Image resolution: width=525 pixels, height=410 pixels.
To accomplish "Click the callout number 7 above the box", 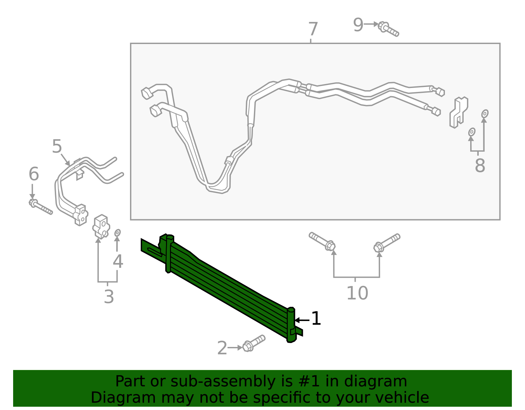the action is pyautogui.click(x=313, y=29).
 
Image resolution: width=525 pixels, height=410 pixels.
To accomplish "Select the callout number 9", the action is pyautogui.click(x=358, y=25).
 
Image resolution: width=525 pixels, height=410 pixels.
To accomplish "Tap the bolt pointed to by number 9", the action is pyautogui.click(x=388, y=29).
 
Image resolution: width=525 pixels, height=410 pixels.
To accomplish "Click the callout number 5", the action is pyautogui.click(x=57, y=146).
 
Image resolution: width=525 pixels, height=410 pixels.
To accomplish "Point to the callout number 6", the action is pyautogui.click(x=33, y=174).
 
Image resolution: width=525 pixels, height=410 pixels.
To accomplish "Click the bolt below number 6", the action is pyautogui.click(x=40, y=207).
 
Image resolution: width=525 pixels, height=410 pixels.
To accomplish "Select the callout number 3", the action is pyautogui.click(x=109, y=297).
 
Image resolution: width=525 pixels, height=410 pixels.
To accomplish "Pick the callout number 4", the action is pyautogui.click(x=118, y=262).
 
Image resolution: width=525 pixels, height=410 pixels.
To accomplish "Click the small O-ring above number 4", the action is pyautogui.click(x=117, y=233).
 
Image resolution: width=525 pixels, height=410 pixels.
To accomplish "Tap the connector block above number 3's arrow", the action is pyautogui.click(x=101, y=227).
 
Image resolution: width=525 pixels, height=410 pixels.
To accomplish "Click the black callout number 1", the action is pyautogui.click(x=316, y=318).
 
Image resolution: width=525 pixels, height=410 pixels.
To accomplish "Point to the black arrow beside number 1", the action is pyautogui.click(x=302, y=320).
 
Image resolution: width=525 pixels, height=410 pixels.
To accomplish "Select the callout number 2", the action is pyautogui.click(x=222, y=348).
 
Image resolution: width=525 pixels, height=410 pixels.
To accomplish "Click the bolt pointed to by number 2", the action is pyautogui.click(x=254, y=343).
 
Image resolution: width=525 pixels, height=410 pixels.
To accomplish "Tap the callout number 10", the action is pyautogui.click(x=357, y=293).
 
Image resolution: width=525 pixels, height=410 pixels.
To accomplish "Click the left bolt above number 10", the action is pyautogui.click(x=322, y=241).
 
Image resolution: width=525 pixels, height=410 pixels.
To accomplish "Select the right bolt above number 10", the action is pyautogui.click(x=387, y=243).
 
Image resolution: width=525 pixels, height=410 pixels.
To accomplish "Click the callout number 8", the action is pyautogui.click(x=480, y=166).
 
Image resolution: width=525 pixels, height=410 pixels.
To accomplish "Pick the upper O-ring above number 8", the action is pyautogui.click(x=485, y=114).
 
